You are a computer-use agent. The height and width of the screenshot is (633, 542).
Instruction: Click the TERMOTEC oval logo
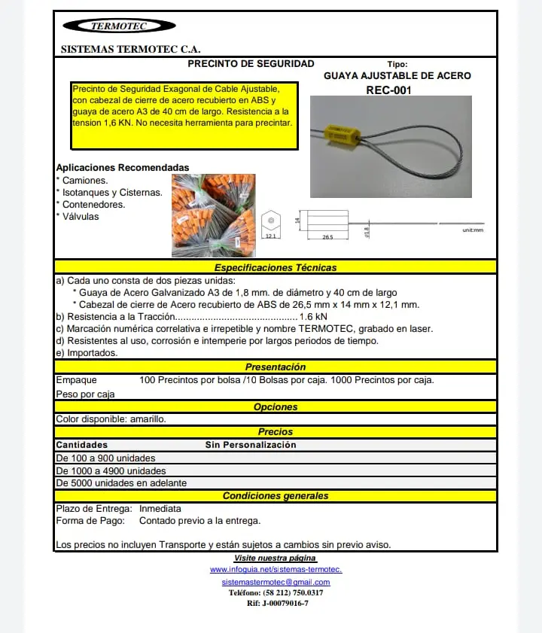coord(120,26)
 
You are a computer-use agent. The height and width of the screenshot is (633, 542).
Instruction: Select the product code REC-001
coord(388,90)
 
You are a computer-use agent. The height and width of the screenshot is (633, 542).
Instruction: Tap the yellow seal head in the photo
coord(343,137)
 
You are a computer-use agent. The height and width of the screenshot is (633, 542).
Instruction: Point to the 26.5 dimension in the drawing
coord(327,236)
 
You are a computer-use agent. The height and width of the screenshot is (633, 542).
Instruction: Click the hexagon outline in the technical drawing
coord(270,221)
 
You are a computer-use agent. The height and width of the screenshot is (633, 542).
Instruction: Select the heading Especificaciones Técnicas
coord(276,267)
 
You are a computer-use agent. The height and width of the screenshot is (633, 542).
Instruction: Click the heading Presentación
coord(276,367)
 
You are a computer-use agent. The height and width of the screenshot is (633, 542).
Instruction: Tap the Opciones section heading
coord(276,406)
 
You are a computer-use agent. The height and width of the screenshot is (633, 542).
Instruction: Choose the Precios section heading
coord(276,432)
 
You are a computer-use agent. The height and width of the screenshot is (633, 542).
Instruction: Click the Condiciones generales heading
coord(276,496)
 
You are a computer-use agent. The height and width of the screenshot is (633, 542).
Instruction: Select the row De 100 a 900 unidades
coord(106,458)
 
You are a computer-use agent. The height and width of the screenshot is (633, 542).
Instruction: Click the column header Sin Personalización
coord(251,445)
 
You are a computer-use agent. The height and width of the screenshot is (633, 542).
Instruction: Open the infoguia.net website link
coord(276,570)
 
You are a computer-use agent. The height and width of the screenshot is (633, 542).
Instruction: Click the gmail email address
coord(276,582)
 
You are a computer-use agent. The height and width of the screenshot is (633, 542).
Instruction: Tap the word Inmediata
coord(160,509)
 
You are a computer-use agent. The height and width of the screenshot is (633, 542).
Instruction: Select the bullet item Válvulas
coord(80,216)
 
